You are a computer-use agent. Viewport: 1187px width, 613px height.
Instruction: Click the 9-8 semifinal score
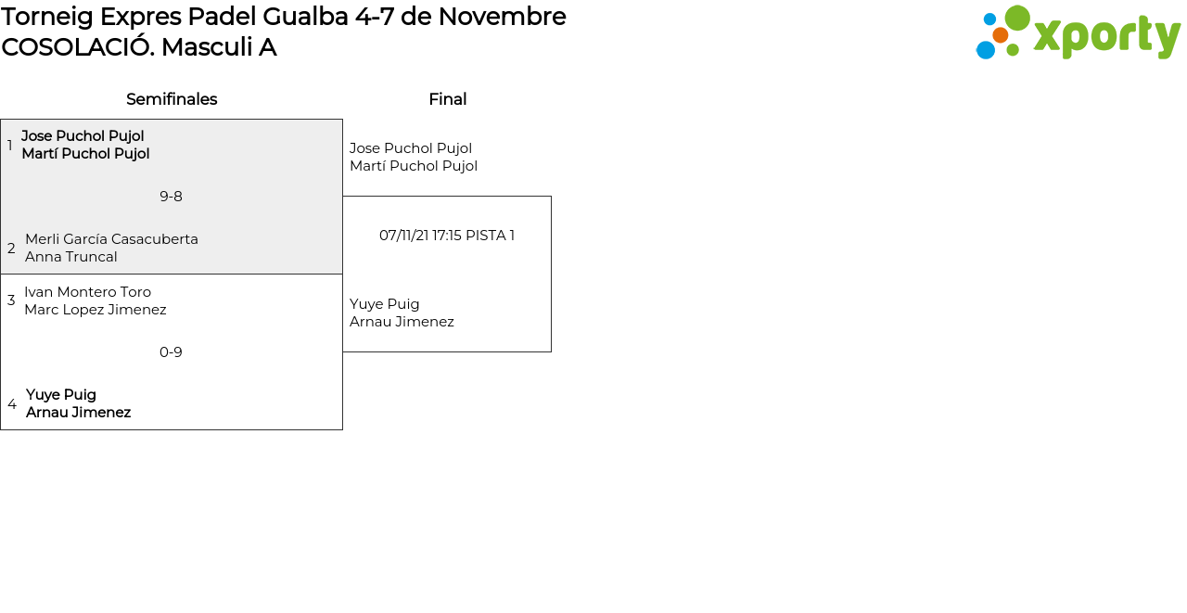171,197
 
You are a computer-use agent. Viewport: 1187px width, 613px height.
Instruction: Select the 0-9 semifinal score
171,352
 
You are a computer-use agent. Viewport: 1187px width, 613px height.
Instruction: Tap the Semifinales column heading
172,99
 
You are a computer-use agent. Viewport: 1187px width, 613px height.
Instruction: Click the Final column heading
448,99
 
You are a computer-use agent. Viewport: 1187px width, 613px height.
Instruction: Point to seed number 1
9,146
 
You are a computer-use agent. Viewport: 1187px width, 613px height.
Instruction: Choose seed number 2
11,248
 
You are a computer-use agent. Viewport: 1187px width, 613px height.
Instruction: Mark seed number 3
11,300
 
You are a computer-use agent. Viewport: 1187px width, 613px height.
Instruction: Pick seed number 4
12,404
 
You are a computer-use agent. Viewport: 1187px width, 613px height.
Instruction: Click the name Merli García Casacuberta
112,239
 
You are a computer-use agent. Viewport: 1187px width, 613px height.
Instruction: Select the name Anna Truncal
71,257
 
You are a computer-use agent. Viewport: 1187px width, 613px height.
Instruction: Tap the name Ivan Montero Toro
88,292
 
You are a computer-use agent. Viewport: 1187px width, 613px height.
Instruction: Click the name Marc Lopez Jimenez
96,310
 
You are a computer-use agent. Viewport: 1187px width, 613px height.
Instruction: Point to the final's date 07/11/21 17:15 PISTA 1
447,236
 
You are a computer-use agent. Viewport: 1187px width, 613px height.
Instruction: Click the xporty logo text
1106,36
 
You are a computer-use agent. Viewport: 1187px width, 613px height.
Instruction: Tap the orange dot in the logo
1001,35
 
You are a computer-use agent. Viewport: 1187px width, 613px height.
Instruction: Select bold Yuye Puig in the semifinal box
61,395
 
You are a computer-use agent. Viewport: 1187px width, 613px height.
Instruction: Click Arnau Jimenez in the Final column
402,322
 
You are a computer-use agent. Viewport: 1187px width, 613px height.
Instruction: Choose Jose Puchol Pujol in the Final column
411,148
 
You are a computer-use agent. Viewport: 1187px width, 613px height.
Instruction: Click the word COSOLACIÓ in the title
78,46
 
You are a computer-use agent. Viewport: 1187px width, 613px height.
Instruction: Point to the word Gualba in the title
305,17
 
